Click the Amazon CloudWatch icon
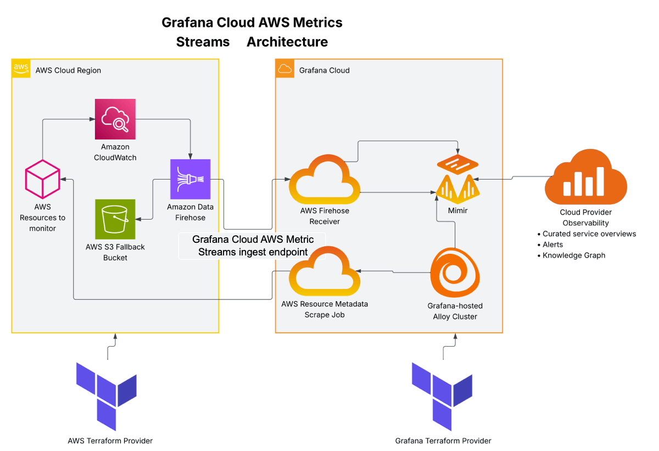pos(115,119)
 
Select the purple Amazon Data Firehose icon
pos(190,179)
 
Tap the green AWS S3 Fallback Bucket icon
pos(115,219)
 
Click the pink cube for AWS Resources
pos(42,180)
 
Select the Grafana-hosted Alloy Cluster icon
pos(455,274)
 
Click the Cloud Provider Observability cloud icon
pos(585,179)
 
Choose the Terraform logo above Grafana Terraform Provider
pos(443,395)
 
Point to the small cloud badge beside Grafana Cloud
pos(284,69)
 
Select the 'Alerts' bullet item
pos(552,244)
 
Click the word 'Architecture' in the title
pos(287,42)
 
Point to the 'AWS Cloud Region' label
pos(68,70)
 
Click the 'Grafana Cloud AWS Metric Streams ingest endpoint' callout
pos(253,246)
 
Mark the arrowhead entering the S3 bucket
pos(138,219)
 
